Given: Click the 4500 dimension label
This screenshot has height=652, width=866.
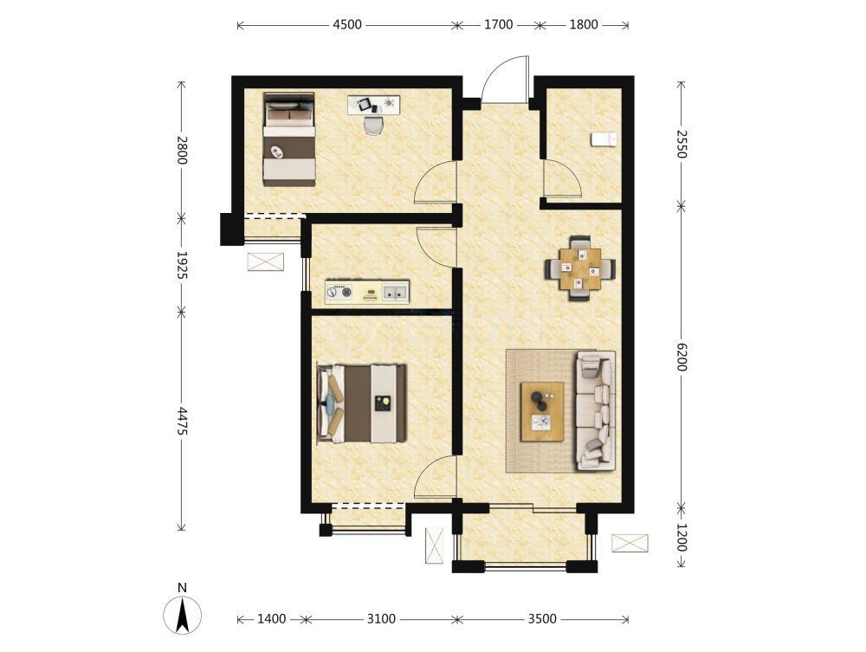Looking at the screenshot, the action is point(347,25).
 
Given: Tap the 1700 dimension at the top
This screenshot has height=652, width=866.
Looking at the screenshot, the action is point(498,25).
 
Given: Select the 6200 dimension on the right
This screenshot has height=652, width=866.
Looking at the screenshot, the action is point(681,357).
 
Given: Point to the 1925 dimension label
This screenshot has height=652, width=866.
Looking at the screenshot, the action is point(182,265).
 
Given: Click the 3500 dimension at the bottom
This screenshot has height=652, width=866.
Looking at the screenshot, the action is point(542,619).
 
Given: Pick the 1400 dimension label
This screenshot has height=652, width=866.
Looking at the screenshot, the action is point(271,619).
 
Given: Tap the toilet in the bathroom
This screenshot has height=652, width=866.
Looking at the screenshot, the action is point(603,139).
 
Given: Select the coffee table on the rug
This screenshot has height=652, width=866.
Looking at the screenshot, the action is point(542,411).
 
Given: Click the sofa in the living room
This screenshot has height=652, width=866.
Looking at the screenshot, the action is point(596,410).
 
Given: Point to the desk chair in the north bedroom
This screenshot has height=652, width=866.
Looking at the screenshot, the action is point(373,125).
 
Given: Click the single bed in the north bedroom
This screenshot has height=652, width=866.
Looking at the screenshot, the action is point(289,139).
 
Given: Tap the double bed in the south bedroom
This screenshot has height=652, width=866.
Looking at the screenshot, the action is point(362,403).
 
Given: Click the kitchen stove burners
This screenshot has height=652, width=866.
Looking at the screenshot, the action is point(339,292).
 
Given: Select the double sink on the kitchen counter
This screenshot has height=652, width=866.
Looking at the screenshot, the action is point(396,292).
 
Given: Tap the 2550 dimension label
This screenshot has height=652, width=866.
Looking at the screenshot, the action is point(681,144).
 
